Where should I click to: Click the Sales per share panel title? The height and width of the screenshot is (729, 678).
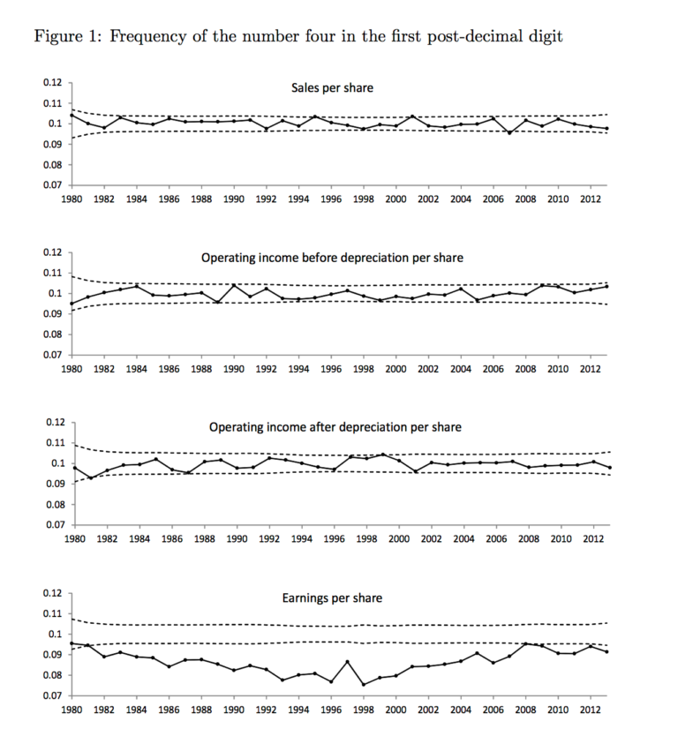[332, 88]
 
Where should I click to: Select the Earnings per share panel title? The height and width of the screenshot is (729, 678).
[332, 597]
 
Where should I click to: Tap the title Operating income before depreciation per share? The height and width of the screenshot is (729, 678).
[332, 258]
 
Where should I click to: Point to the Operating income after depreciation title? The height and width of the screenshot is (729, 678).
[335, 427]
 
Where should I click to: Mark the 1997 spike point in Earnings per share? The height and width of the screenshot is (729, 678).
[347, 662]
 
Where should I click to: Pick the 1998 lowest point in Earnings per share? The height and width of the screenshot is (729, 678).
[364, 684]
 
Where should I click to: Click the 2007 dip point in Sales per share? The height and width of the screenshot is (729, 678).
[509, 133]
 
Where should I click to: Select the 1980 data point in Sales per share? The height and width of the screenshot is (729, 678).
[72, 115]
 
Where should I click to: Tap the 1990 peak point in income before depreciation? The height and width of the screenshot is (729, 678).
[234, 285]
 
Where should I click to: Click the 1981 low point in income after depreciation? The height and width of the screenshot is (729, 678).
[91, 478]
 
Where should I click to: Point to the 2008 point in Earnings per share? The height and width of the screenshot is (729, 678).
[526, 644]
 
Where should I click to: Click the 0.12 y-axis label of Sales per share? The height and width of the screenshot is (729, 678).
[52, 82]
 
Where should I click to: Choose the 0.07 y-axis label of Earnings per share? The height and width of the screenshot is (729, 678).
[52, 696]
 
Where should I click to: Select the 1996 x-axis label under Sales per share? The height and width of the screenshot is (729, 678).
[331, 199]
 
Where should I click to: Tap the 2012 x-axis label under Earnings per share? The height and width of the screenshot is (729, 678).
[591, 710]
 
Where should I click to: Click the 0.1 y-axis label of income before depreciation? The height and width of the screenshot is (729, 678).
[55, 293]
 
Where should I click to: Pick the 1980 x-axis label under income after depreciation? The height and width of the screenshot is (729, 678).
[74, 539]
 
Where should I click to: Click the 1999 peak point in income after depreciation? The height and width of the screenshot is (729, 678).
[383, 455]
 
